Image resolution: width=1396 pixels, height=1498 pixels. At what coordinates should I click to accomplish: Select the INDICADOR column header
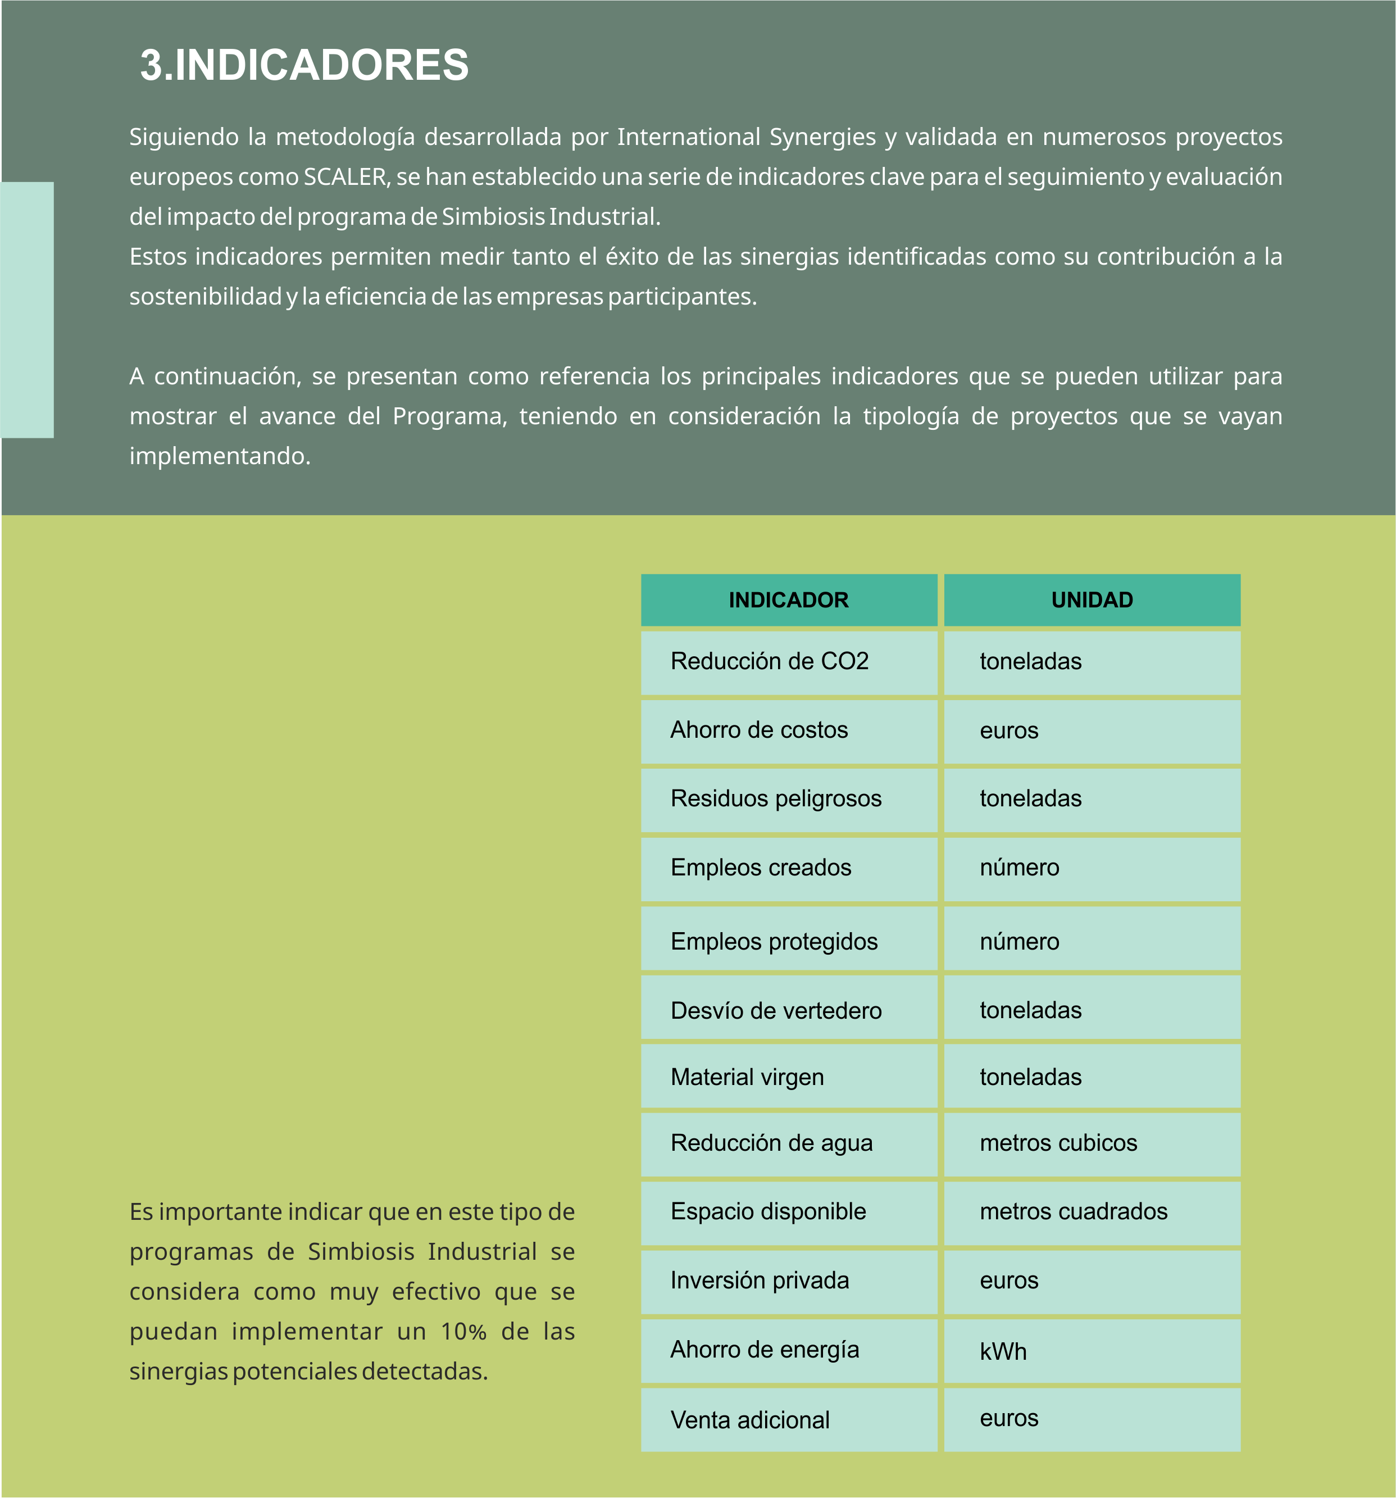pyautogui.click(x=788, y=600)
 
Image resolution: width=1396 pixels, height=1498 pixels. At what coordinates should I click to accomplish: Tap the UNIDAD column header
pyautogui.click(x=1092, y=600)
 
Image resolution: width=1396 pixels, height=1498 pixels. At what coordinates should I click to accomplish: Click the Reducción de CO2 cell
pyautogui.click(x=788, y=661)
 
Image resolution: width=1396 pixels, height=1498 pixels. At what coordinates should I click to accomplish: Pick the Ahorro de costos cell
pyautogui.click(x=788, y=730)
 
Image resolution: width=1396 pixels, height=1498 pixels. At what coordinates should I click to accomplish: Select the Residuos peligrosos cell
pyautogui.click(x=788, y=799)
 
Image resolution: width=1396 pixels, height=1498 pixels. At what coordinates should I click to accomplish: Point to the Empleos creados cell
pyautogui.click(x=788, y=868)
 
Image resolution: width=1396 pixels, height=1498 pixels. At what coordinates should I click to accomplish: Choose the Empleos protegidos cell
pyautogui.click(x=788, y=941)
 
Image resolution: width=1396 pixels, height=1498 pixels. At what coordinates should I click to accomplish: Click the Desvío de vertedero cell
pyautogui.click(x=788, y=1010)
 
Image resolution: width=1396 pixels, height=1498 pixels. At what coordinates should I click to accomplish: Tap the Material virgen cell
pyautogui.click(x=788, y=1077)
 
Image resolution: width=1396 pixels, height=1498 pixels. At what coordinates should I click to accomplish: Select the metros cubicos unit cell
pyautogui.click(x=1092, y=1143)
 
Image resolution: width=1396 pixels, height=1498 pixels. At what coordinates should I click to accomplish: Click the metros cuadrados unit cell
pyautogui.click(x=1092, y=1211)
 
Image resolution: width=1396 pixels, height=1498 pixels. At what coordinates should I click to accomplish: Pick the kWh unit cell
pyautogui.click(x=1092, y=1351)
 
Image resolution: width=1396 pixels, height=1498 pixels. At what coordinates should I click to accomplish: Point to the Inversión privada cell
pyautogui.click(x=788, y=1281)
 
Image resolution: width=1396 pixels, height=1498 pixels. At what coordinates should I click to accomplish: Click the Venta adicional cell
pyautogui.click(x=788, y=1420)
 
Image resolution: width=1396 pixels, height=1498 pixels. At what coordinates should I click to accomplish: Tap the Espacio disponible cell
pyautogui.click(x=788, y=1211)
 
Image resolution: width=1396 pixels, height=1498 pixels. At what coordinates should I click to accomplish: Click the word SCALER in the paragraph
pyautogui.click(x=345, y=177)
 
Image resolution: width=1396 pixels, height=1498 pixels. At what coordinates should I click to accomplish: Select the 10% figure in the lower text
pyautogui.click(x=463, y=1332)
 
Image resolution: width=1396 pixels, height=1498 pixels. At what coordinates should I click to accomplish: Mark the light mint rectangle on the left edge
pyautogui.click(x=27, y=310)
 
